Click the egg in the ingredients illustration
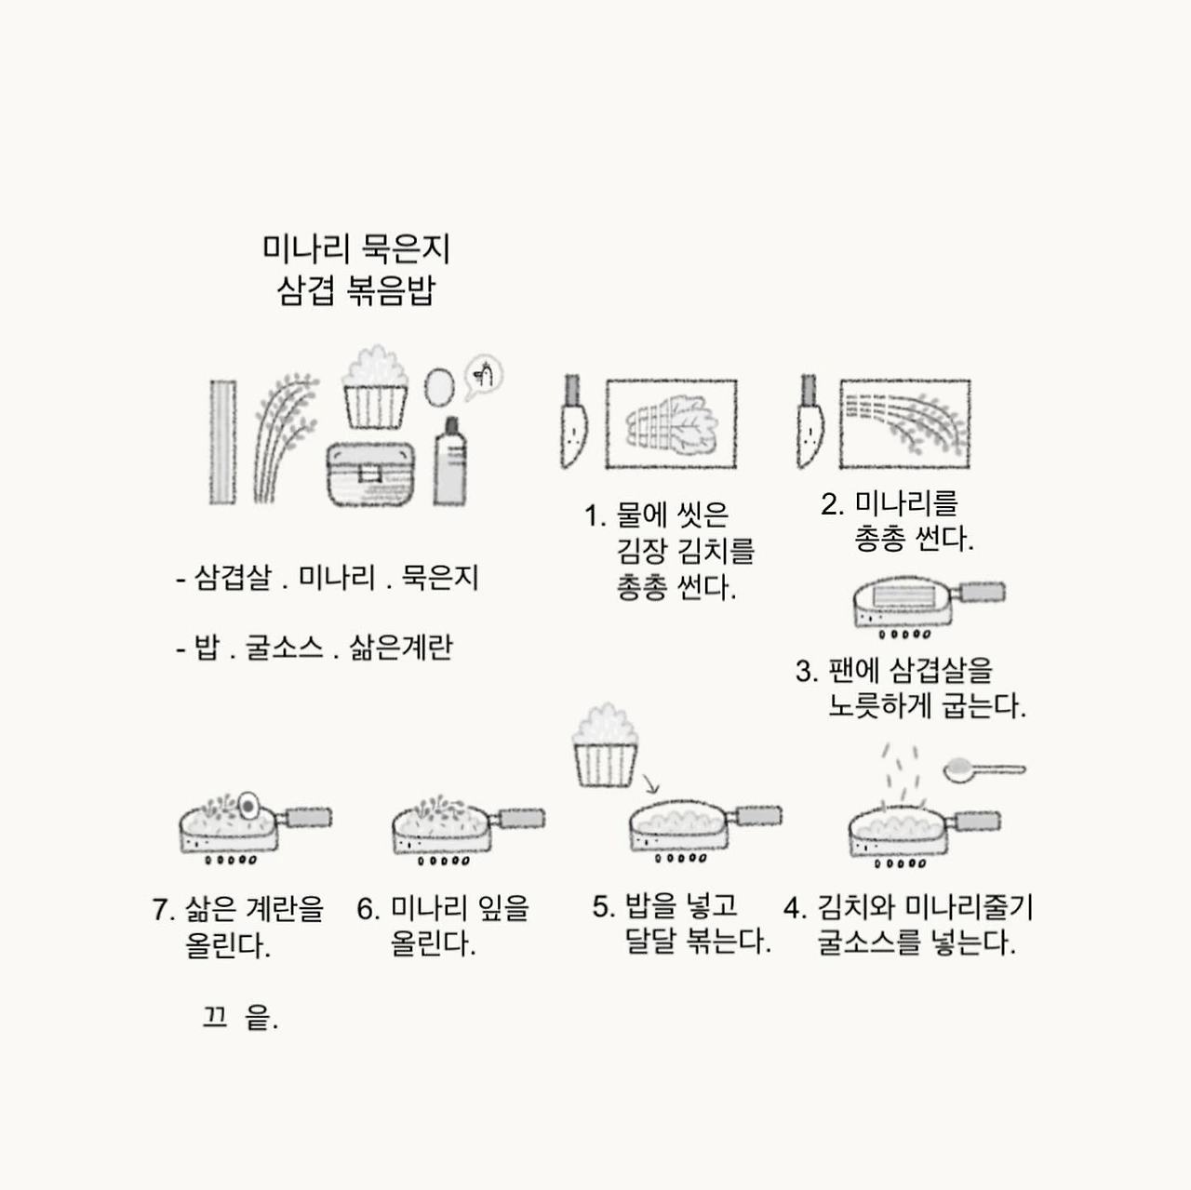pyautogui.click(x=439, y=387)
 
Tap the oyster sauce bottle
pyautogui.click(x=450, y=461)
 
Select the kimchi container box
pyautogui.click(x=370, y=474)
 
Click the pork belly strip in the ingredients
pyautogui.click(x=222, y=442)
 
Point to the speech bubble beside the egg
pyautogui.click(x=483, y=376)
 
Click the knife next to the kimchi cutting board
pyautogui.click(x=573, y=421)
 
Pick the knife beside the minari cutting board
pyautogui.click(x=810, y=421)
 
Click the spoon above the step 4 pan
pyautogui.click(x=984, y=770)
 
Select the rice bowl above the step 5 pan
pyautogui.click(x=605, y=745)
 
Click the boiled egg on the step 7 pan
pyautogui.click(x=248, y=806)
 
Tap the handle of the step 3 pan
pyautogui.click(x=978, y=592)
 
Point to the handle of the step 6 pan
pyautogui.click(x=518, y=819)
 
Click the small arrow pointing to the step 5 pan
pyautogui.click(x=650, y=783)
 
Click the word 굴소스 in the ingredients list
pyautogui.click(x=285, y=648)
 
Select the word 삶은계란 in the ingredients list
pyautogui.click(x=401, y=648)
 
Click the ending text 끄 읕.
pyautogui.click(x=240, y=1017)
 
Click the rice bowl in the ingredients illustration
pyautogui.click(x=375, y=387)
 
